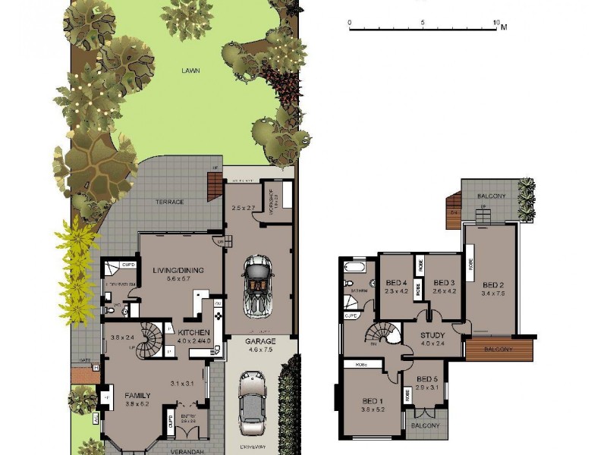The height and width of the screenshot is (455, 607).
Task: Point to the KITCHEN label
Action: point(193,332)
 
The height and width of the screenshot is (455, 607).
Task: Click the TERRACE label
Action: point(170,202)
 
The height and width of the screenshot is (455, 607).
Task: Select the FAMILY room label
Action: point(138,395)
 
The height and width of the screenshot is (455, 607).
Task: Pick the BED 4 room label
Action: point(396,282)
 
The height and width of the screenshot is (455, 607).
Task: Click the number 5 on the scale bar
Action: point(422,22)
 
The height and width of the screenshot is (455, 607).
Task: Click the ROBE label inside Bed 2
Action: point(471,267)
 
